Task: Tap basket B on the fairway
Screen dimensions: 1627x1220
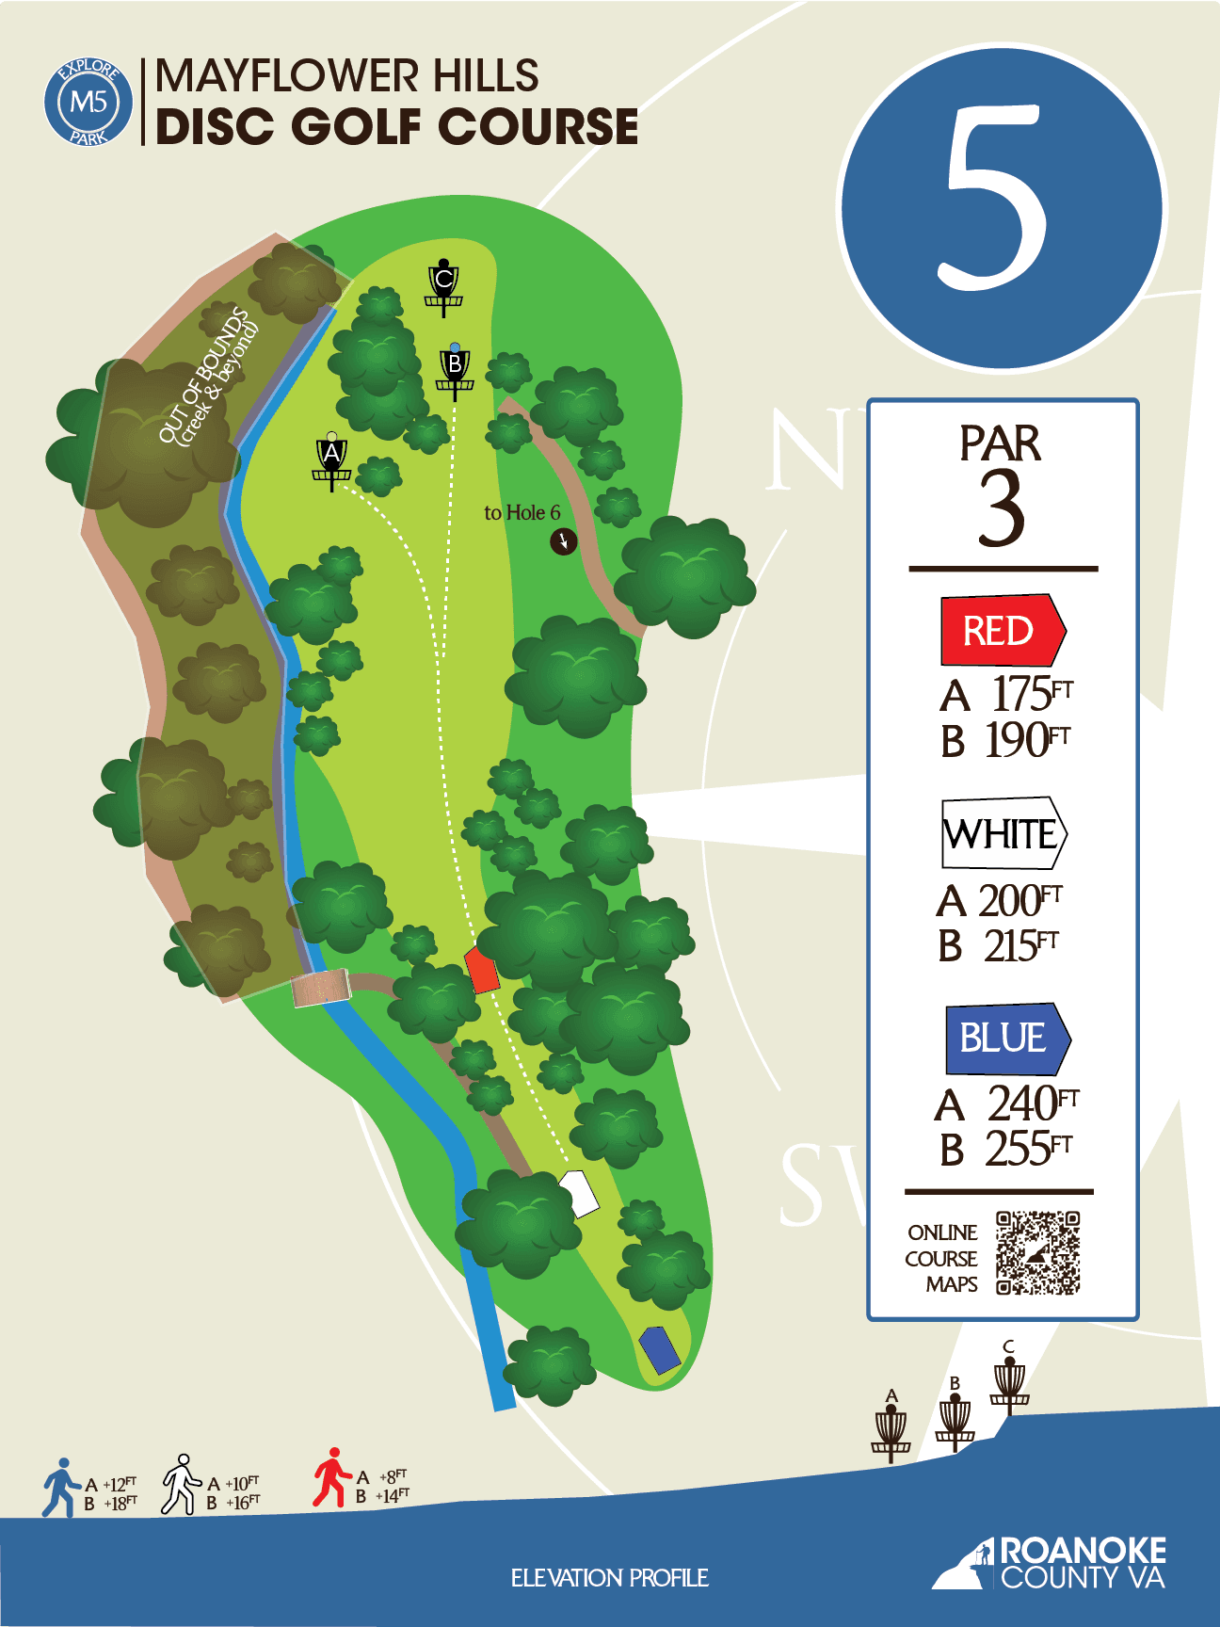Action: tap(455, 371)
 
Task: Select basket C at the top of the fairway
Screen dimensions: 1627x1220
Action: tap(443, 286)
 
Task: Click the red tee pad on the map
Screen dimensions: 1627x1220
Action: tap(482, 970)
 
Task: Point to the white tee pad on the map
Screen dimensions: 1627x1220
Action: tap(580, 1193)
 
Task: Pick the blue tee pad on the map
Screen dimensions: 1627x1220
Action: tap(660, 1349)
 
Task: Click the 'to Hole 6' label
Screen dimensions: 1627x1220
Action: tap(522, 513)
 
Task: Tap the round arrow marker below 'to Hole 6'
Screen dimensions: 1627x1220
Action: tap(563, 541)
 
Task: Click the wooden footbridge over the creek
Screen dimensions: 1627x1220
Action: tap(320, 989)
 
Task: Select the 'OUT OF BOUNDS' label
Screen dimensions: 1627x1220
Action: tap(207, 377)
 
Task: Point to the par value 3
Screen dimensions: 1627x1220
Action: tap(1001, 509)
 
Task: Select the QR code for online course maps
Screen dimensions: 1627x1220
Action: tap(1037, 1253)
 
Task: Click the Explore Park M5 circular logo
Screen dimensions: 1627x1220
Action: tap(88, 102)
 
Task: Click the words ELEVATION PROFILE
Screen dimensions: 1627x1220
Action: tap(609, 1578)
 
